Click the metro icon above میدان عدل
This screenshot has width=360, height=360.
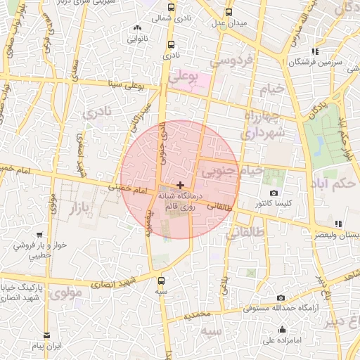click(x=229, y=13)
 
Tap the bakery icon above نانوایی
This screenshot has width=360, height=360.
click(x=137, y=29)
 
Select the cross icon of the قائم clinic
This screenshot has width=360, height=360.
click(x=180, y=184)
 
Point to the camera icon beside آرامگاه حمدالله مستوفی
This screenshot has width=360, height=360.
click(x=281, y=297)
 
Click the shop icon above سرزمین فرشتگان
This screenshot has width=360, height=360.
click(x=315, y=51)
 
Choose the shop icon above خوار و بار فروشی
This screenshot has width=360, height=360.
click(x=39, y=236)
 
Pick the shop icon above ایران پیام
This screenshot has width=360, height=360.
click(x=46, y=335)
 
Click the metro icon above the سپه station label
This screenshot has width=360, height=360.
click(x=162, y=280)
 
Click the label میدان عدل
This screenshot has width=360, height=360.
click(x=229, y=23)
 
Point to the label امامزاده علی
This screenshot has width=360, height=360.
click(x=282, y=341)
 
